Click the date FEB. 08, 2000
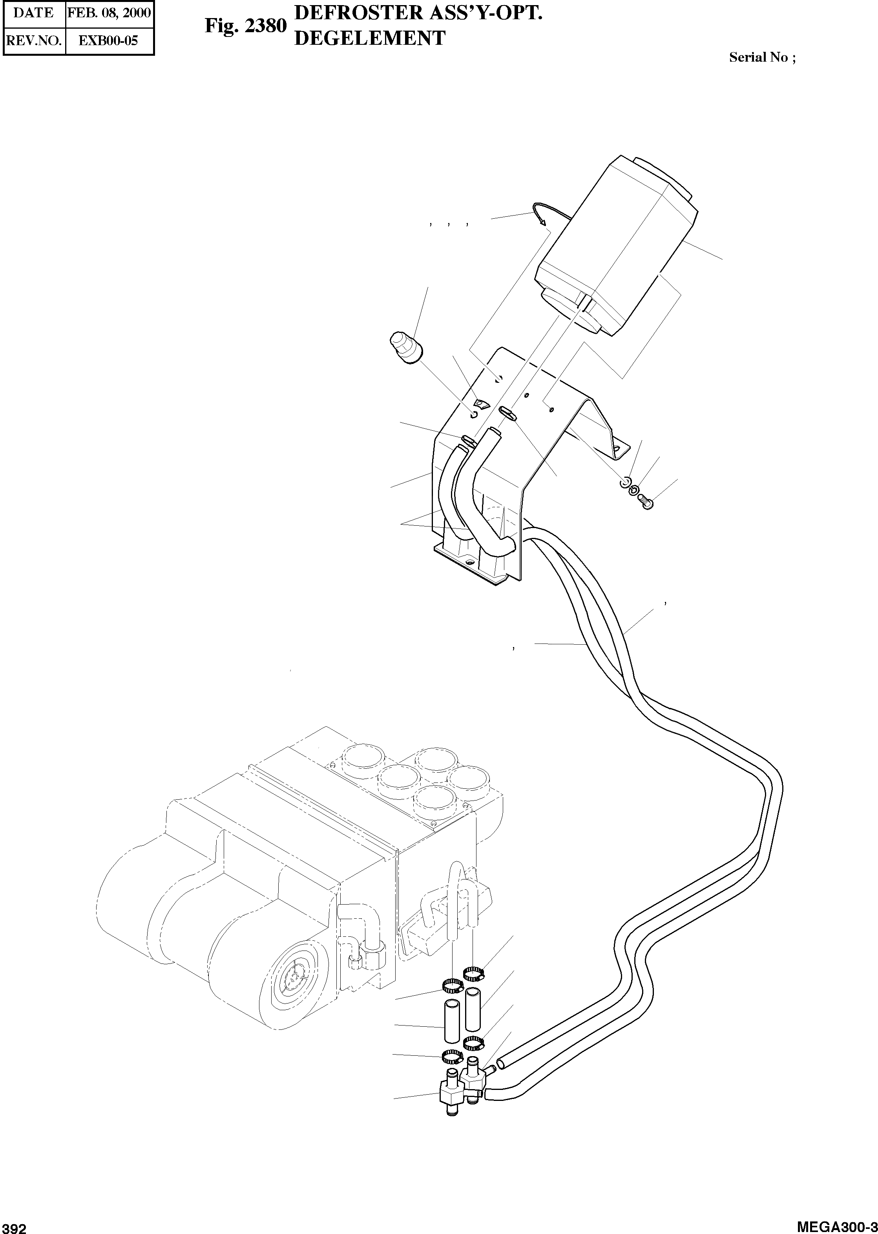(109, 13)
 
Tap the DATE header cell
(33, 13)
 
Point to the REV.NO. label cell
(33, 40)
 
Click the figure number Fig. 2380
(245, 26)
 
